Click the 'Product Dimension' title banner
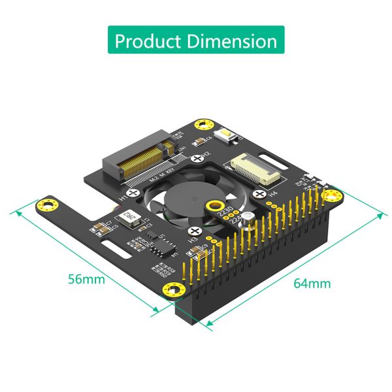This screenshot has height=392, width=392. pos(196,41)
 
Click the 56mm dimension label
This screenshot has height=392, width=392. pos(86,279)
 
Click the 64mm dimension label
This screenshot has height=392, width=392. pos(312,283)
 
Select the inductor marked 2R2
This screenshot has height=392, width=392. pos(131,218)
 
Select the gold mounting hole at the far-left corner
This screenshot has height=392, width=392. pos(48,205)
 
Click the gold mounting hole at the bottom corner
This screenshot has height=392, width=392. pos(172,290)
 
